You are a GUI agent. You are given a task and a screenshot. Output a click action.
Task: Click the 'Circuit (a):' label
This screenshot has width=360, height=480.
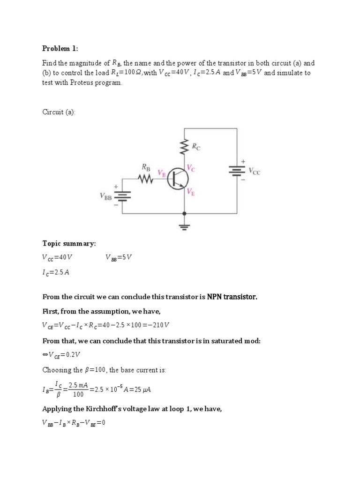click(x=59, y=112)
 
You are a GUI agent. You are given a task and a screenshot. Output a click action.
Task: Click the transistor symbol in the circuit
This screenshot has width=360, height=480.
click(x=178, y=179)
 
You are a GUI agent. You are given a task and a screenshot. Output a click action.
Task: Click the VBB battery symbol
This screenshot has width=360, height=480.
click(x=123, y=195)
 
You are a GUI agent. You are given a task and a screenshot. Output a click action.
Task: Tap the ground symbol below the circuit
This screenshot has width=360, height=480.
click(x=185, y=228)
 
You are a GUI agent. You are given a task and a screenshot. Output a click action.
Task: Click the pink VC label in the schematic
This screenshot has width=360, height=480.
click(x=191, y=167)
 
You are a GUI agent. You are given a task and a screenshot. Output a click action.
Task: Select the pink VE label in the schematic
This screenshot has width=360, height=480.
click(x=191, y=191)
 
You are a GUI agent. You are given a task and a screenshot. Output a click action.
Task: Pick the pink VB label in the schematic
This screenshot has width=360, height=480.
click(x=162, y=173)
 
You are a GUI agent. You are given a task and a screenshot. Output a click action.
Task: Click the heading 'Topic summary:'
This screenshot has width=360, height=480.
click(x=69, y=244)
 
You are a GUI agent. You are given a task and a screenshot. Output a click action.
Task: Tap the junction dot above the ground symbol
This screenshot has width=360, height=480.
click(x=185, y=213)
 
